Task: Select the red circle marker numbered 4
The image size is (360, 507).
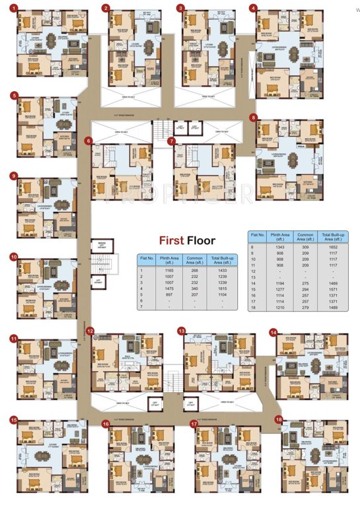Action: (253, 8)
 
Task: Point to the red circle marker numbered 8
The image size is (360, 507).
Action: (253, 118)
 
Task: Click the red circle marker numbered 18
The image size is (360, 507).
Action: (279, 419)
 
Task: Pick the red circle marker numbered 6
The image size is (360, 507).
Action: (88, 141)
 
